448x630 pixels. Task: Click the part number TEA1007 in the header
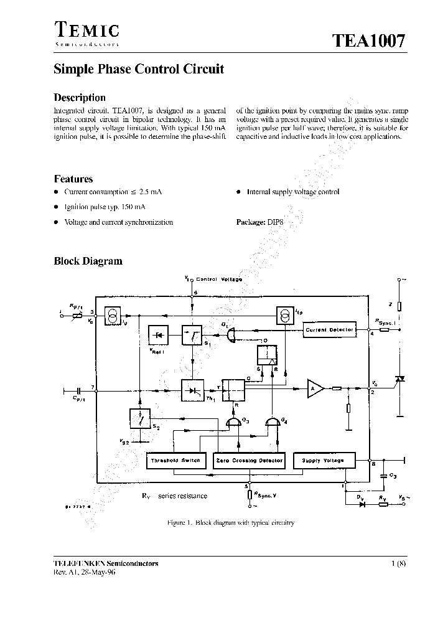tap(368, 41)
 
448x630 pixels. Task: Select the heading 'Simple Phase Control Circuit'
tap(139, 70)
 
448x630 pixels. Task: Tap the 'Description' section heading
tap(80, 98)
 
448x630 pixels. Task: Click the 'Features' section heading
tap(73, 179)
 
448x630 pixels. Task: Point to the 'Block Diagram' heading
tap(88, 261)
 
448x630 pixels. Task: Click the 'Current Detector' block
tap(329, 330)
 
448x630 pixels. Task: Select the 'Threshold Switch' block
tap(175, 461)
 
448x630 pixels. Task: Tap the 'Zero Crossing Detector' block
tap(248, 461)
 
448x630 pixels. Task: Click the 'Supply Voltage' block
tap(322, 461)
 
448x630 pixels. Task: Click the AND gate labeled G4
tap(273, 423)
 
